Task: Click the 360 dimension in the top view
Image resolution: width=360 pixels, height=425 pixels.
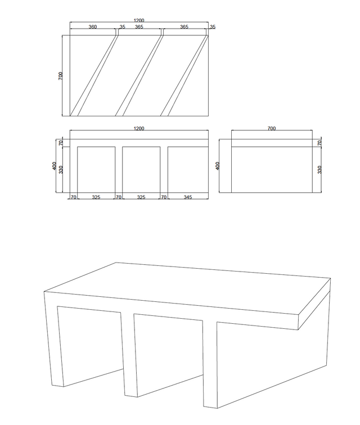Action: tap(93, 27)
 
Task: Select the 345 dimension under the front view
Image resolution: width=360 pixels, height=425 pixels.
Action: tap(188, 197)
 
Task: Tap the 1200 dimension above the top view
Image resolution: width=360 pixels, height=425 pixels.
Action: tap(139, 21)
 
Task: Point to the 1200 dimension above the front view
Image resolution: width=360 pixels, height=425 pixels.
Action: tap(139, 129)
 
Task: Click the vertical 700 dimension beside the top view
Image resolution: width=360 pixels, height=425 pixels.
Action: tap(61, 76)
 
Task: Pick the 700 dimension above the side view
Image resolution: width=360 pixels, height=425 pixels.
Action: tap(272, 129)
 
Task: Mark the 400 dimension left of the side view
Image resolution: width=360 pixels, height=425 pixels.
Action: tap(218, 166)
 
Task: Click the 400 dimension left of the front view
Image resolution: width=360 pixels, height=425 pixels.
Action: tap(55, 166)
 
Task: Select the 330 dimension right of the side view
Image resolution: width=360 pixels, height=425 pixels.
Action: tap(319, 170)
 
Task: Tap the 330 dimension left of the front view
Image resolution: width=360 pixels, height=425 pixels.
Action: tap(61, 170)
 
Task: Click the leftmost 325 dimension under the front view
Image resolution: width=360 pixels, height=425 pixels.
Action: tap(96, 197)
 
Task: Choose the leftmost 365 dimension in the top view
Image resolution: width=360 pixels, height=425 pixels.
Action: tap(139, 27)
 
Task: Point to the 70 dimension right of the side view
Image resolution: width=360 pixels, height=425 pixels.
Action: tap(319, 143)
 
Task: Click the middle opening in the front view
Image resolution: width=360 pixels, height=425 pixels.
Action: tap(141, 170)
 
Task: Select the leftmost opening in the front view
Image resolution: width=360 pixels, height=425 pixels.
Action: tap(96, 170)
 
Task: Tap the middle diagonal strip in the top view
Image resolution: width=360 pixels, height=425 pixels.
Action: tap(139, 76)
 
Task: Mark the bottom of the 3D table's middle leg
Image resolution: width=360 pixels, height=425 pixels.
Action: tap(131, 396)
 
